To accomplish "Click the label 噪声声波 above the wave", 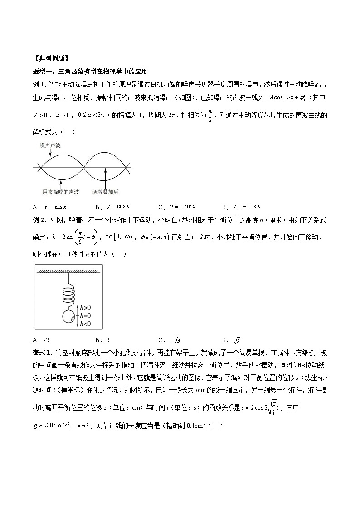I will click(50, 145).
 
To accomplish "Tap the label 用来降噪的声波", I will click(61, 192).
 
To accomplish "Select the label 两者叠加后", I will click(105, 192).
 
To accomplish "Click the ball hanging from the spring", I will click(68, 317).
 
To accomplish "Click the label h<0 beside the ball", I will click(85, 323).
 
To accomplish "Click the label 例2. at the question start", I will click(40, 220).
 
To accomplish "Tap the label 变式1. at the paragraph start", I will click(44, 352).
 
